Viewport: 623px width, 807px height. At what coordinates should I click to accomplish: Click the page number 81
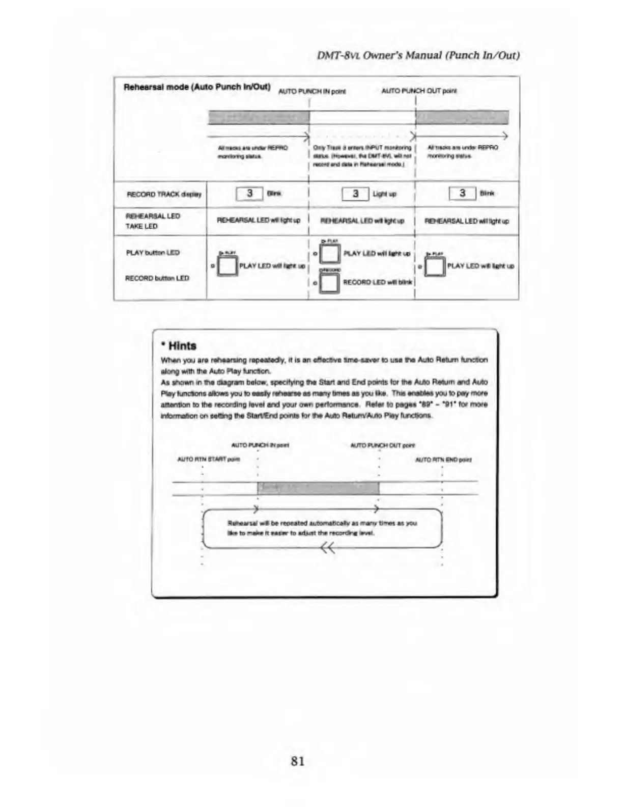coord(298,761)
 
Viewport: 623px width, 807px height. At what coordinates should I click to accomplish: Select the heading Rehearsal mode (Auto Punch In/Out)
coord(197,87)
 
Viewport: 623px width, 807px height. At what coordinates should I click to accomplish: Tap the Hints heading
coord(179,346)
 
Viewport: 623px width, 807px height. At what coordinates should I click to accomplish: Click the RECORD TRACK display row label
coord(164,194)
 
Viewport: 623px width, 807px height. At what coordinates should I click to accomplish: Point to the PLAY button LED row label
coord(153,253)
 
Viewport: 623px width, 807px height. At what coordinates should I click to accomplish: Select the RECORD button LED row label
coord(157,278)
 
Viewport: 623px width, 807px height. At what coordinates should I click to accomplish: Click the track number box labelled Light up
coord(355,194)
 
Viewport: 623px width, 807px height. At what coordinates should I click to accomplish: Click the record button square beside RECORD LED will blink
coord(330,283)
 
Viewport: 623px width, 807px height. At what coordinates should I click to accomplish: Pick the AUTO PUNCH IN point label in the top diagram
coord(311,92)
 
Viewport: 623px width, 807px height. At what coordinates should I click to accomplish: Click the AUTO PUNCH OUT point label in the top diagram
coord(419,91)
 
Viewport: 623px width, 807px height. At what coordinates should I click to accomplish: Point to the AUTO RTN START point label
coord(208,459)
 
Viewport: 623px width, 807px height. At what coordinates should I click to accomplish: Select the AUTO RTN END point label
coord(443,460)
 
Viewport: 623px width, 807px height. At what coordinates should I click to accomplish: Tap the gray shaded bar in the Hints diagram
coord(318,488)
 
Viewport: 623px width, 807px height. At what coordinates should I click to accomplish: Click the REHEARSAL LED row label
coord(153,216)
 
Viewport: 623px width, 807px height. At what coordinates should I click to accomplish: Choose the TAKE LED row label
coord(141,226)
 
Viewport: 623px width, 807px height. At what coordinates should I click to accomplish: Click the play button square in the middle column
coord(330,253)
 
